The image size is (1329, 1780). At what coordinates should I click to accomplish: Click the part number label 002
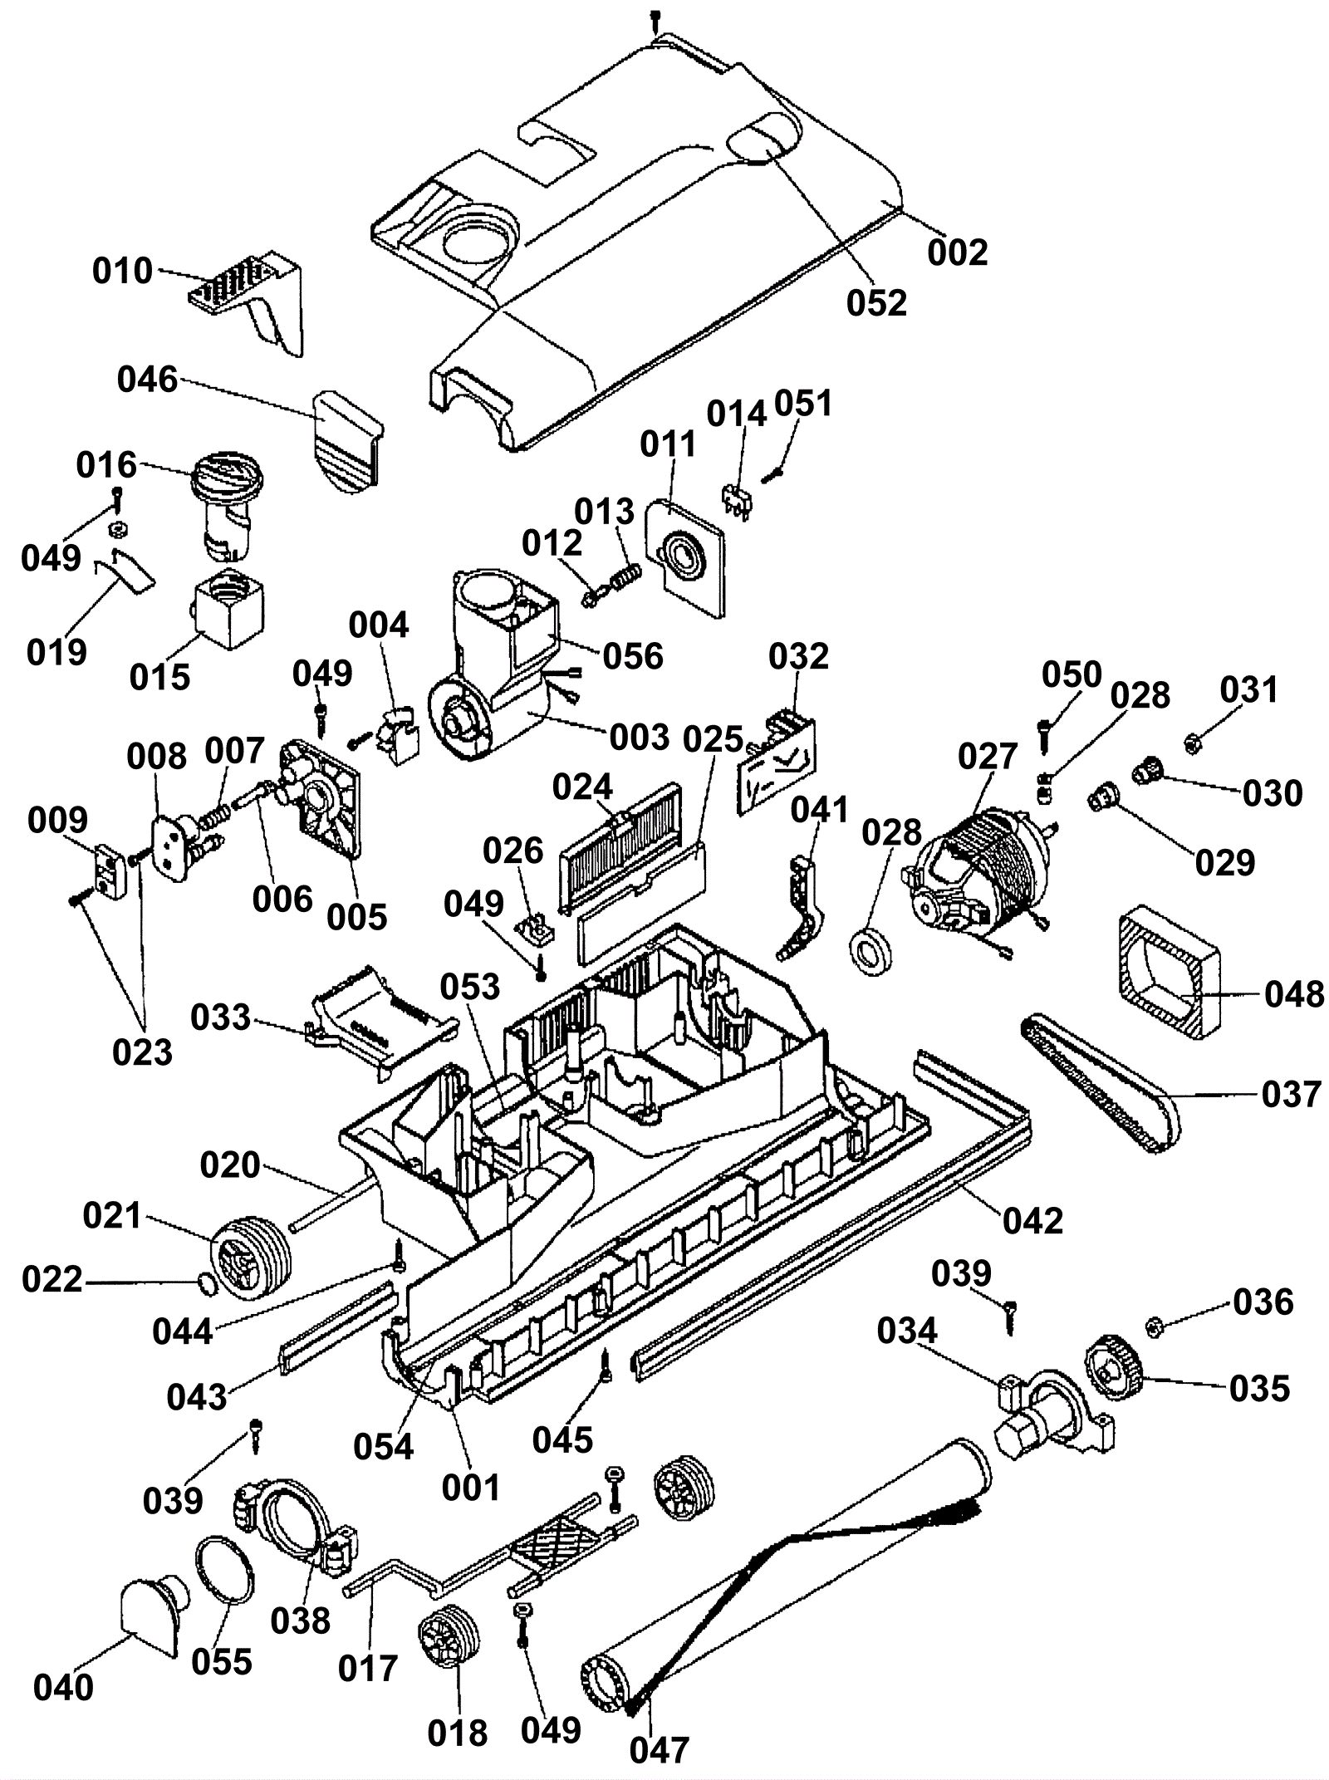[957, 252]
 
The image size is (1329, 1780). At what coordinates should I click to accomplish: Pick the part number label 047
[659, 1746]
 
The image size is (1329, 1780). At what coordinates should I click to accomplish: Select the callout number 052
[876, 302]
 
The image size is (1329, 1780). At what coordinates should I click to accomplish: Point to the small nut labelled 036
[1153, 1327]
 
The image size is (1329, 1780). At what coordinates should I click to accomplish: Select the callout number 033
[220, 1017]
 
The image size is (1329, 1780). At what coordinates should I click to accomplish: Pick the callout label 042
[1032, 1220]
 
